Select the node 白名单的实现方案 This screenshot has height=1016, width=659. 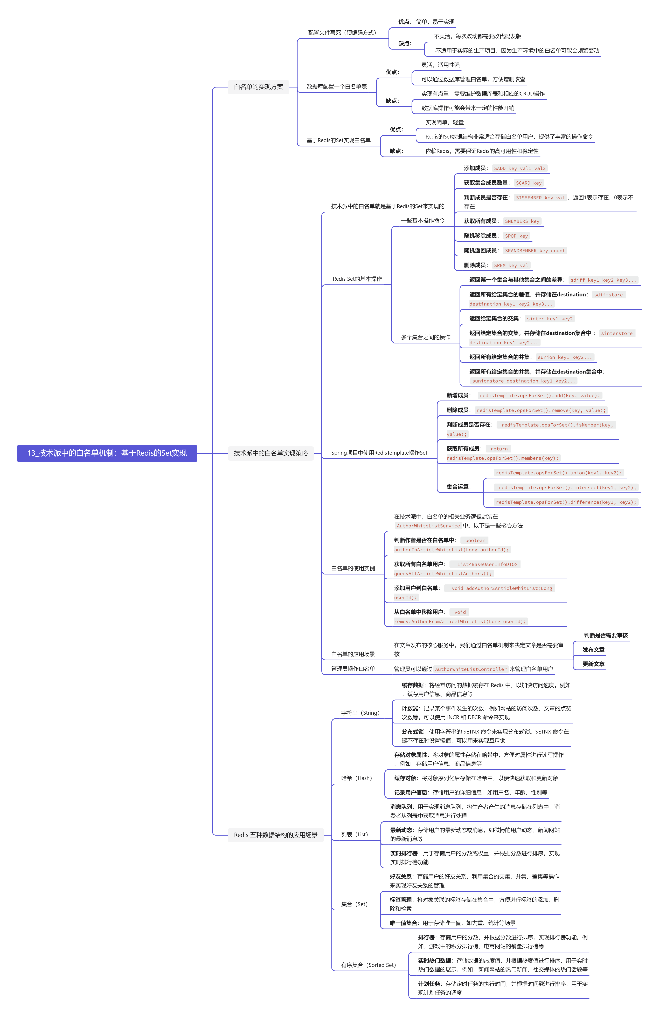tap(259, 87)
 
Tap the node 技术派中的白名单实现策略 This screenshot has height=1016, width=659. tap(270, 453)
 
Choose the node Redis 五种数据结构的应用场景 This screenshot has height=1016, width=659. tap(276, 835)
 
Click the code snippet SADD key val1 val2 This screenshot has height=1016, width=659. tap(519, 168)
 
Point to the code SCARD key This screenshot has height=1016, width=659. tap(529, 183)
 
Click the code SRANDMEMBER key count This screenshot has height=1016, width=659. tap(535, 251)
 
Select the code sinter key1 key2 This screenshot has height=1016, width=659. tap(549, 319)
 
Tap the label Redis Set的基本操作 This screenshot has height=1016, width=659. tap(357, 279)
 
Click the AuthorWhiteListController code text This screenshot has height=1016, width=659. tap(470, 669)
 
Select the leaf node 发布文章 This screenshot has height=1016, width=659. tap(593, 649)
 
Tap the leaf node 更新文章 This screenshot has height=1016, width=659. tap(593, 664)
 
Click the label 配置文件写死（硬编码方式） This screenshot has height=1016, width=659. tap(342, 32)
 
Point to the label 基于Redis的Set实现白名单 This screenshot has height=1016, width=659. tap(338, 140)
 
